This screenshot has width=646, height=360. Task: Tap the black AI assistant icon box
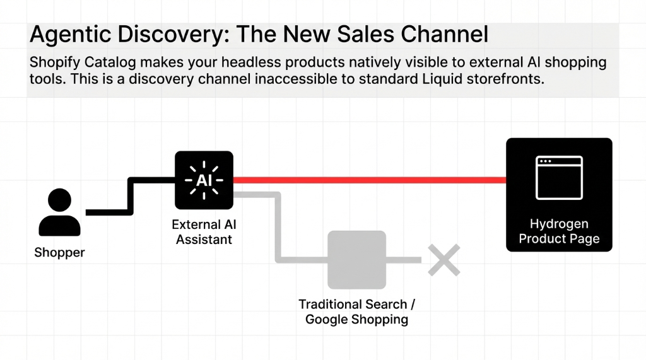click(x=204, y=180)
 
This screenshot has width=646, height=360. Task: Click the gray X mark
click(x=443, y=260)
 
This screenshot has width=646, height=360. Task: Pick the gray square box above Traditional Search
click(x=356, y=260)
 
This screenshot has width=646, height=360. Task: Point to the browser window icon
click(x=559, y=177)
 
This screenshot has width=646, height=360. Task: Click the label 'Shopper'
click(x=59, y=253)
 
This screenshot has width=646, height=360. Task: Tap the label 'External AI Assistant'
click(x=204, y=232)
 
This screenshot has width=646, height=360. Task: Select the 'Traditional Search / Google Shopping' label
click(x=356, y=311)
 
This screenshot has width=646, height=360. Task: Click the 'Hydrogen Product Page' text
click(x=559, y=231)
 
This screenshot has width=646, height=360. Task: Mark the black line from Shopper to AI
click(x=130, y=195)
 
